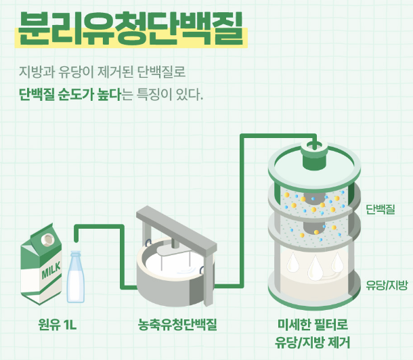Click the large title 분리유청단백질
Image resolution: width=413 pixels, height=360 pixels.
point(131,28)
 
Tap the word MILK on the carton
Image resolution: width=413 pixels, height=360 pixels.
point(51,270)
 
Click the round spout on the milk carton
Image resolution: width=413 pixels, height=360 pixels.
point(47,240)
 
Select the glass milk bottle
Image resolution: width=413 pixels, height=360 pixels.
point(76,277)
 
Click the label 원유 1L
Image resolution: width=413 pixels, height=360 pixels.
point(57,325)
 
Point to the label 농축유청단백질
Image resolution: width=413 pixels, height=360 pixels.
point(177,325)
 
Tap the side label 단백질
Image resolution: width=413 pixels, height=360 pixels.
point(381,209)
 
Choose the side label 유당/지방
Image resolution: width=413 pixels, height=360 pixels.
point(387,285)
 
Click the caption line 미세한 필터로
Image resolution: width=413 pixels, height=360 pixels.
point(313,325)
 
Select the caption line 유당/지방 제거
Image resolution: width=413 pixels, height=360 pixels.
point(313,342)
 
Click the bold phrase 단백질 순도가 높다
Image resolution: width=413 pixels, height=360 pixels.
point(70,95)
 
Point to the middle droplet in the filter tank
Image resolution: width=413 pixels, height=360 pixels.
point(316,268)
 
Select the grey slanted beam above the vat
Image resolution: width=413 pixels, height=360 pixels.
point(177,229)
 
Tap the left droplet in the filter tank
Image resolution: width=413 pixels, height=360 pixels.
point(292,262)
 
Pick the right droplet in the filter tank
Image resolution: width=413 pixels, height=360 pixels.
point(337,262)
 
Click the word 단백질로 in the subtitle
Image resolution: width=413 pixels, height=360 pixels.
point(161,72)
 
